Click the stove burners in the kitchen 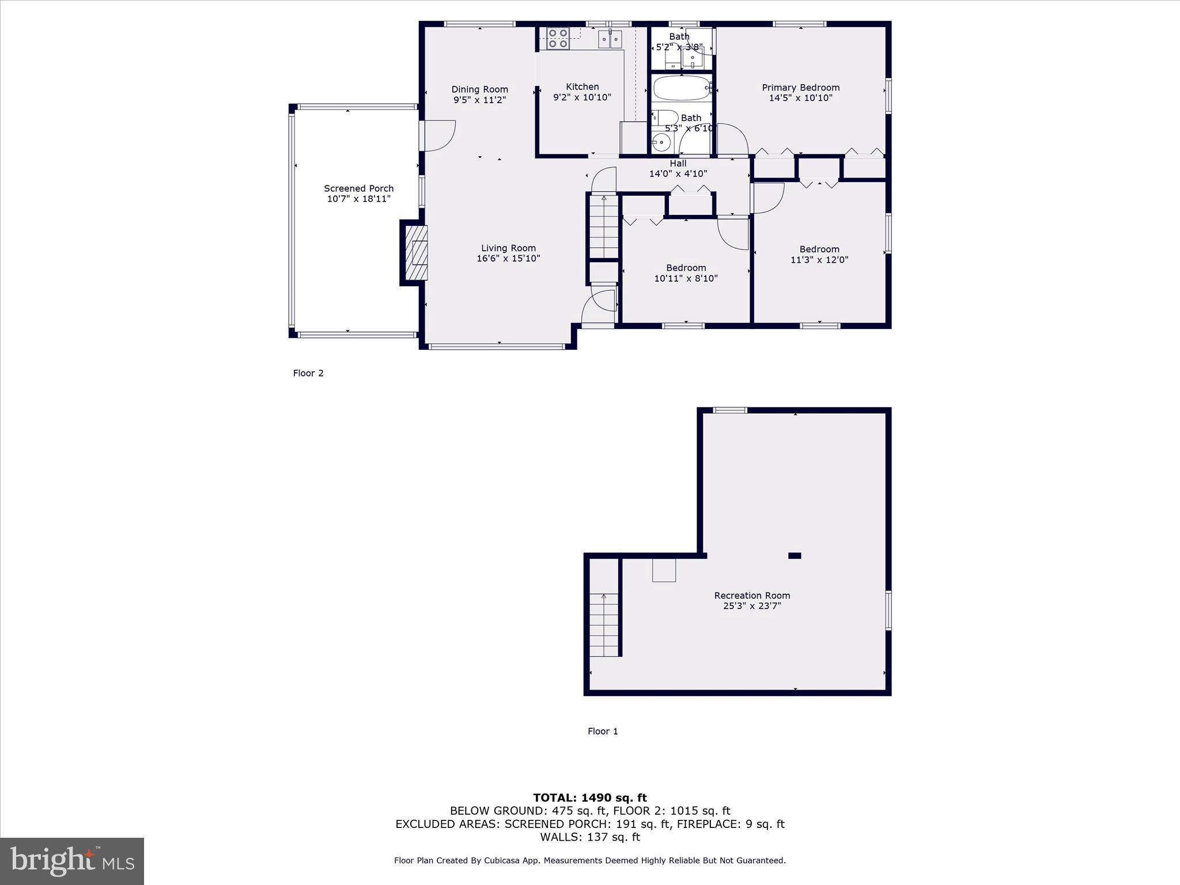point(558,38)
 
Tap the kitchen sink point(610,39)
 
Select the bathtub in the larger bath point(682,88)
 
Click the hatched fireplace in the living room point(417,252)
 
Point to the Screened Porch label point(358,188)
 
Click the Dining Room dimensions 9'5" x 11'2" point(479,100)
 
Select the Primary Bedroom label point(800,88)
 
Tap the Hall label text point(678,164)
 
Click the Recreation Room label point(752,595)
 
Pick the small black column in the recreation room point(795,555)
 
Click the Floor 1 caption point(603,731)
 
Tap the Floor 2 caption point(308,373)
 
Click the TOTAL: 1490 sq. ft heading point(589,797)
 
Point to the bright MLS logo point(72,861)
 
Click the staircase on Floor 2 point(603,227)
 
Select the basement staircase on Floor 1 point(603,625)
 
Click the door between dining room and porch point(438,136)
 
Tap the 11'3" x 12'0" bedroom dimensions point(819,260)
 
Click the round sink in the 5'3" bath point(661,142)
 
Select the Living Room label point(508,248)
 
